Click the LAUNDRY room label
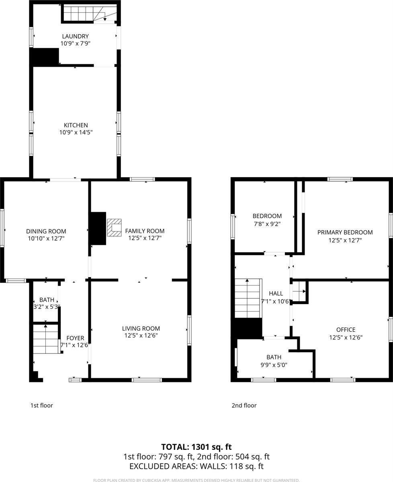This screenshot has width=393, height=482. point(75,37)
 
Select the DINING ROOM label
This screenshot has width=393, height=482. point(46,231)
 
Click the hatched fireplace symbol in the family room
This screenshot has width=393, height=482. point(115,227)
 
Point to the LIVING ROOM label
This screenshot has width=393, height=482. point(141,328)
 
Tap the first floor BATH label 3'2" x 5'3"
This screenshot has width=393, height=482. point(47,306)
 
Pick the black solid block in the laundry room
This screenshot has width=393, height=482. point(45,57)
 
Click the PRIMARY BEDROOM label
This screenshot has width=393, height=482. point(345,232)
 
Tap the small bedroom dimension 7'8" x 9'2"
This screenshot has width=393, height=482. point(267,223)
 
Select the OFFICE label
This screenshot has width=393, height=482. point(346,330)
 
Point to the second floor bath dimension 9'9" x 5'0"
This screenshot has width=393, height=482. point(274,365)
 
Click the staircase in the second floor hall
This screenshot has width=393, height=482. point(248,298)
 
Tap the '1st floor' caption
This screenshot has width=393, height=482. point(42,405)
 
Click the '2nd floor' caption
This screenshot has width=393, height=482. point(244,405)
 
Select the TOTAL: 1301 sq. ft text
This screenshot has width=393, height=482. point(196,447)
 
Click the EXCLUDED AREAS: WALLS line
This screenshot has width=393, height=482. point(196,466)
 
